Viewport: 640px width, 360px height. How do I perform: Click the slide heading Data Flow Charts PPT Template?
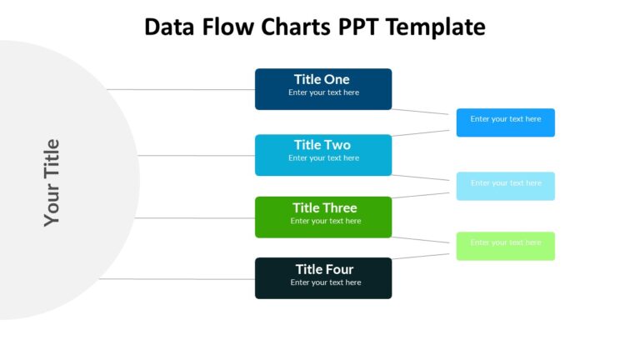(x=314, y=27)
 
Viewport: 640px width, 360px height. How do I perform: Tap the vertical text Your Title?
(x=52, y=182)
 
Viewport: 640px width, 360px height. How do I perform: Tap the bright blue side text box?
(x=505, y=122)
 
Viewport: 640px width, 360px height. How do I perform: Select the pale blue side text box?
(x=505, y=186)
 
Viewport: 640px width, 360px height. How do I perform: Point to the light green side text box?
(x=505, y=246)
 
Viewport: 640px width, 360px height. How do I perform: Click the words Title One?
(x=322, y=80)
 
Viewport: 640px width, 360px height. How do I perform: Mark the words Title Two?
(x=322, y=145)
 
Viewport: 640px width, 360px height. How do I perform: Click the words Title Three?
(x=324, y=208)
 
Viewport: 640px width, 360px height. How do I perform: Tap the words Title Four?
(x=324, y=269)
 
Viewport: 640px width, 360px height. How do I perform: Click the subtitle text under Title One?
(x=323, y=92)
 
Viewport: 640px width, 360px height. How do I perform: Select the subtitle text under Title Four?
(x=325, y=282)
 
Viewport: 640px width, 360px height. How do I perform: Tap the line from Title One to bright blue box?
(x=423, y=111)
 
